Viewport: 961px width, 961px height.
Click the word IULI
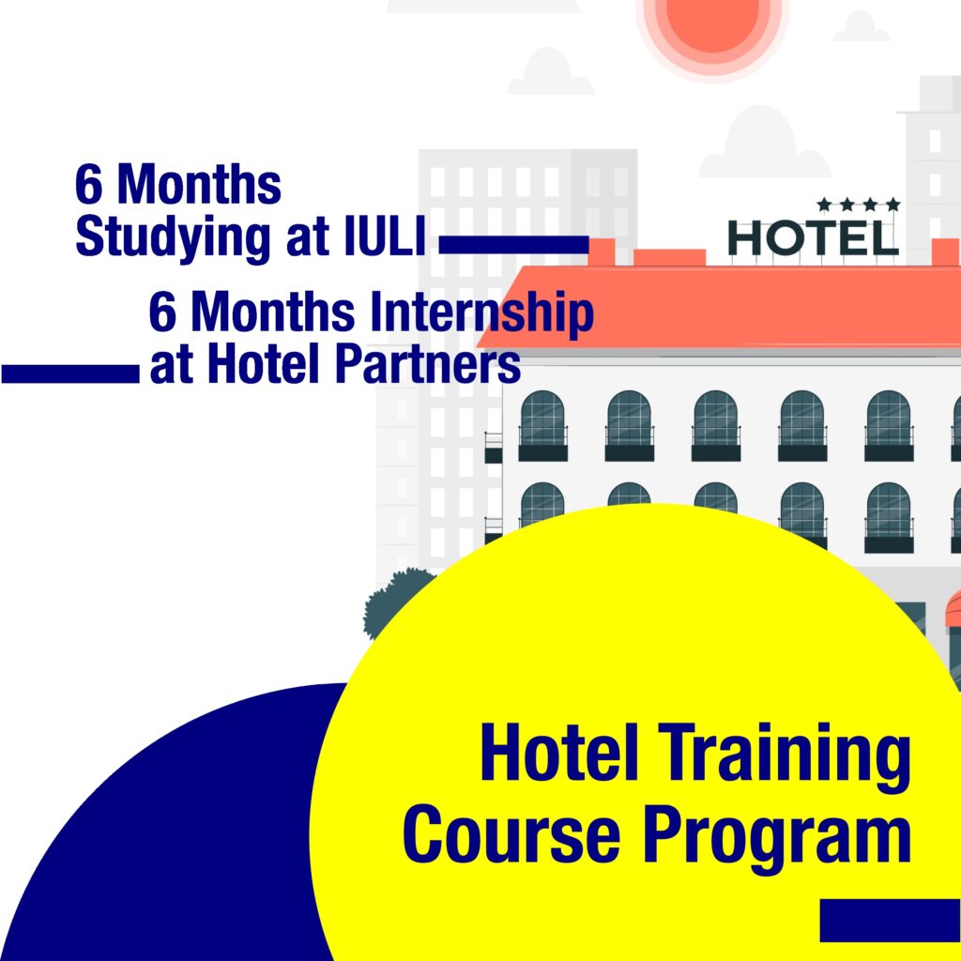tap(385, 236)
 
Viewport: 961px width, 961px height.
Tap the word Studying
tap(173, 239)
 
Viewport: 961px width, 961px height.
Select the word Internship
tap(481, 313)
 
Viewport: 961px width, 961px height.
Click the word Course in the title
tap(511, 834)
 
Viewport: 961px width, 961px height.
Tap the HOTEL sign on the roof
tap(814, 237)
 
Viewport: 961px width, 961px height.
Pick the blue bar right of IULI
tap(514, 245)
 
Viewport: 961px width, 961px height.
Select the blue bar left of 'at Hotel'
tap(70, 374)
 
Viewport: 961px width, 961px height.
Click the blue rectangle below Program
tap(891, 920)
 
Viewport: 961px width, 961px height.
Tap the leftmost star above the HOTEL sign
tap(824, 204)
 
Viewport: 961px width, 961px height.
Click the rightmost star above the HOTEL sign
tap(893, 204)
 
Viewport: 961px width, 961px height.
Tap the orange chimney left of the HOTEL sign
tap(602, 252)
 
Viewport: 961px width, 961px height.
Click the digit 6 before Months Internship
tap(162, 313)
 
